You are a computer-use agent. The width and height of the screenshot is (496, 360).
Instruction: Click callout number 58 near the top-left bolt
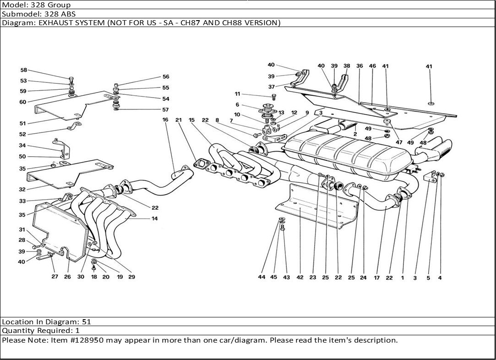coord(24,71)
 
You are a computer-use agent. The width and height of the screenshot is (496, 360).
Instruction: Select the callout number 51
coord(23,123)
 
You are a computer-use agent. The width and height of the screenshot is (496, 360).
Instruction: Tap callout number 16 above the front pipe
coord(165,120)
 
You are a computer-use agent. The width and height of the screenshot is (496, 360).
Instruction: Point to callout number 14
coord(154,219)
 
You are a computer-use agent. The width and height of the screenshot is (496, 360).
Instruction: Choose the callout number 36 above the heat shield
coord(360,66)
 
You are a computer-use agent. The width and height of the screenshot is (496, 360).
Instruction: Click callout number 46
coord(372,66)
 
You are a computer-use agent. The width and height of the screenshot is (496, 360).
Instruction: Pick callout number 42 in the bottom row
coord(300,278)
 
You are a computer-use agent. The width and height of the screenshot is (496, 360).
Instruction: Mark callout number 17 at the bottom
coord(376,278)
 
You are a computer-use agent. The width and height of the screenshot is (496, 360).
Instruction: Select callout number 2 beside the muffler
coord(355,134)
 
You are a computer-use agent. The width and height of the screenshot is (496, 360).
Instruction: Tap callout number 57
coord(165,110)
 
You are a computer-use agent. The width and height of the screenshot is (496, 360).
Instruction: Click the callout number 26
coord(67,277)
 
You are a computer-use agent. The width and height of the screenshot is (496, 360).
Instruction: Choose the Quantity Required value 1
coord(77,331)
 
